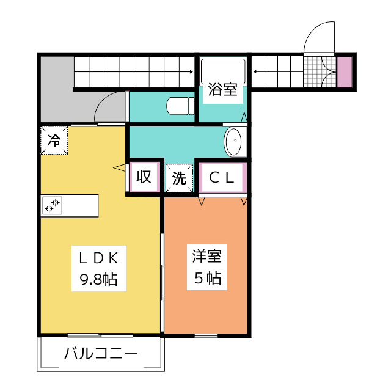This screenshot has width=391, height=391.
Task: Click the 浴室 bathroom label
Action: (x=222, y=89)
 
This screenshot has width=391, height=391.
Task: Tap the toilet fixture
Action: (x=180, y=106)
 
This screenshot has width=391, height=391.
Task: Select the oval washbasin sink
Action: (x=233, y=142)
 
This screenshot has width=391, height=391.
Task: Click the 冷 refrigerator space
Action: (x=54, y=141)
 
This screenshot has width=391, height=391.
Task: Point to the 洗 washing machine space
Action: (x=179, y=178)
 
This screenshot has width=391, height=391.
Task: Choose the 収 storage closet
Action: (x=144, y=177)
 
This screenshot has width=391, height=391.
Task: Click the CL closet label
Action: (x=222, y=178)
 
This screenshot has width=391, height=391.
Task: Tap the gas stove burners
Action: (x=53, y=205)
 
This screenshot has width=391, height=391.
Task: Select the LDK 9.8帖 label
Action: (x=99, y=269)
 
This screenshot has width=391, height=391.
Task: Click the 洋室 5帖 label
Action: (x=207, y=268)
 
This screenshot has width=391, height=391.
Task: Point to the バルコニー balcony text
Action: (x=101, y=353)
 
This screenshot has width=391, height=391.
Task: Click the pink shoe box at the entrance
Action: (x=345, y=72)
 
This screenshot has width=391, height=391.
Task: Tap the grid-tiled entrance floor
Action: (x=320, y=72)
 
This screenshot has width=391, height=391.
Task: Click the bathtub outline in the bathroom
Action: (x=223, y=71)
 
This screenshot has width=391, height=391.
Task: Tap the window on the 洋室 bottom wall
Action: (x=206, y=335)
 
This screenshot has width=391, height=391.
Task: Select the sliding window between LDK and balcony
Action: (x=100, y=335)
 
